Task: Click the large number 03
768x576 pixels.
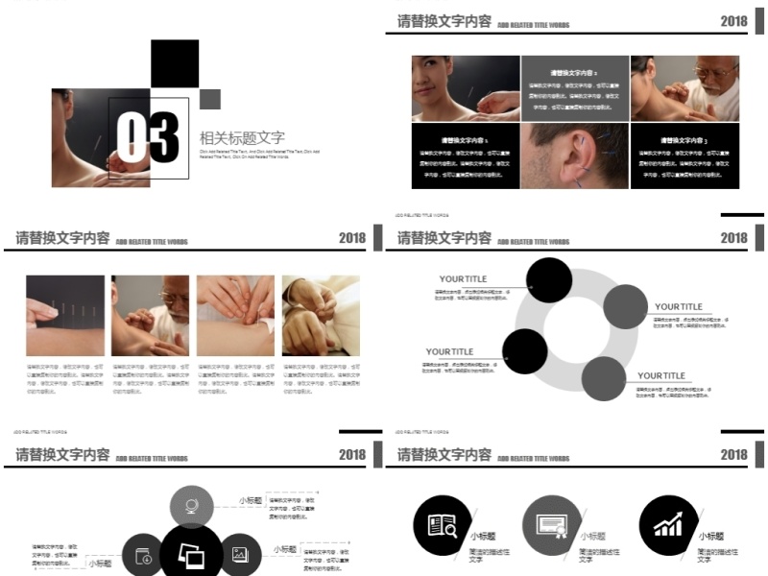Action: (148, 136)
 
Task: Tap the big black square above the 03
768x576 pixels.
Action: (175, 64)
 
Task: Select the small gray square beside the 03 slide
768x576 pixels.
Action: (210, 99)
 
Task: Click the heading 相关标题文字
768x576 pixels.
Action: (242, 138)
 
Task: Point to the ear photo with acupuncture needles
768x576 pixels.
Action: (575, 155)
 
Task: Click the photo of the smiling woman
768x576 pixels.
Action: (466, 88)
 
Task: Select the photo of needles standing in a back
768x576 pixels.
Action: (65, 316)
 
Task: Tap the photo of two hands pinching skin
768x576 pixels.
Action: (235, 316)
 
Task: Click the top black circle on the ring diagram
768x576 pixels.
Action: (549, 280)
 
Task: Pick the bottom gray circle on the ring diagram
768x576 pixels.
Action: (603, 378)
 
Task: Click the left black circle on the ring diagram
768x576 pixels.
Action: (525, 351)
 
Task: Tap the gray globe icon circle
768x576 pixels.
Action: (192, 507)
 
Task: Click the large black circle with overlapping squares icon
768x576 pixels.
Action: (191, 555)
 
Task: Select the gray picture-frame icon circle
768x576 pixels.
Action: (240, 554)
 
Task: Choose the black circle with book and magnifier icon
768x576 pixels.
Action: (443, 526)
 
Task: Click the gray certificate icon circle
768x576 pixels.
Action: (552, 526)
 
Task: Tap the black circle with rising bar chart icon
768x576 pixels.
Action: (668, 526)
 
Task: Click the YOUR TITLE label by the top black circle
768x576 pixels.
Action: (463, 279)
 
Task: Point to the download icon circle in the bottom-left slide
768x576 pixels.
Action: (143, 556)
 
